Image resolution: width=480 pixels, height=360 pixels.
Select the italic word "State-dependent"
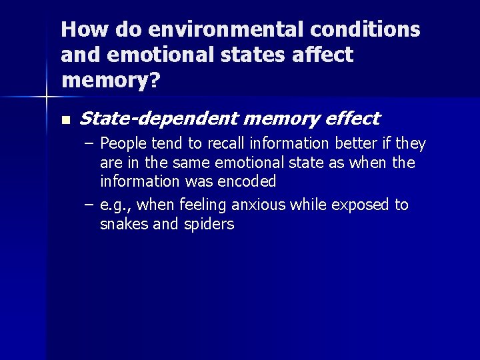tap(159, 119)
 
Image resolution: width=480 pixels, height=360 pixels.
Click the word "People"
tap(123, 144)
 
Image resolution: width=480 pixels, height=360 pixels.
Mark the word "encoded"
tap(246, 181)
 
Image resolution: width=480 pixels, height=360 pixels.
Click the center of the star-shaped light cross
tap(46, 98)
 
